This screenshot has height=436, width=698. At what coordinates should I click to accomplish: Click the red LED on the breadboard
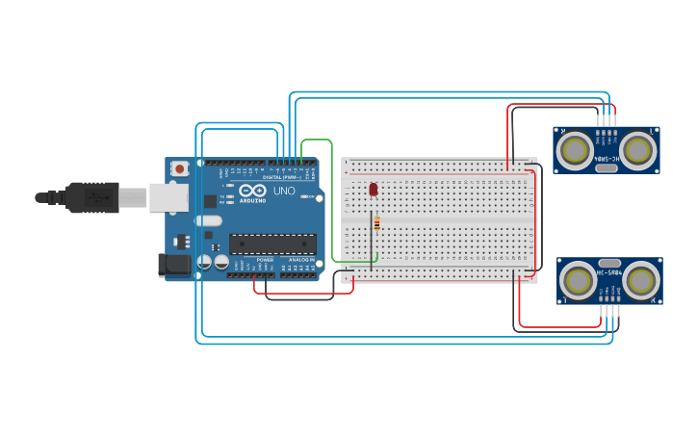tap(373, 189)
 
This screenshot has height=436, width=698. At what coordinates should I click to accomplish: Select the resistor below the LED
tap(376, 223)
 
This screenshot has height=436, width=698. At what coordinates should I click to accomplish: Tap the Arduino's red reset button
tap(179, 168)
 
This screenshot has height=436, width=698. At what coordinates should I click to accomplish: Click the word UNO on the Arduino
tap(285, 191)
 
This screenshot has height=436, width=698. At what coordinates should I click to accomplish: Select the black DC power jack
tap(173, 264)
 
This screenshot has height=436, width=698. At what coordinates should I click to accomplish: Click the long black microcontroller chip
tap(272, 246)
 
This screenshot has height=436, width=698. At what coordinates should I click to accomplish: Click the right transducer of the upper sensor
tap(636, 149)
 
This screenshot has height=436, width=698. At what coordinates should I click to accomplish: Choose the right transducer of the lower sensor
tap(641, 280)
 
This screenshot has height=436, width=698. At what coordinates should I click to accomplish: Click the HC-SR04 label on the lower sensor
tap(610, 273)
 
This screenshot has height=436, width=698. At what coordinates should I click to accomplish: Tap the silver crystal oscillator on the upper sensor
tap(607, 168)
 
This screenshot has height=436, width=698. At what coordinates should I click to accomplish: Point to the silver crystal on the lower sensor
tap(610, 262)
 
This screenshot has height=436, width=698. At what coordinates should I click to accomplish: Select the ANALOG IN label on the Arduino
tap(299, 260)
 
